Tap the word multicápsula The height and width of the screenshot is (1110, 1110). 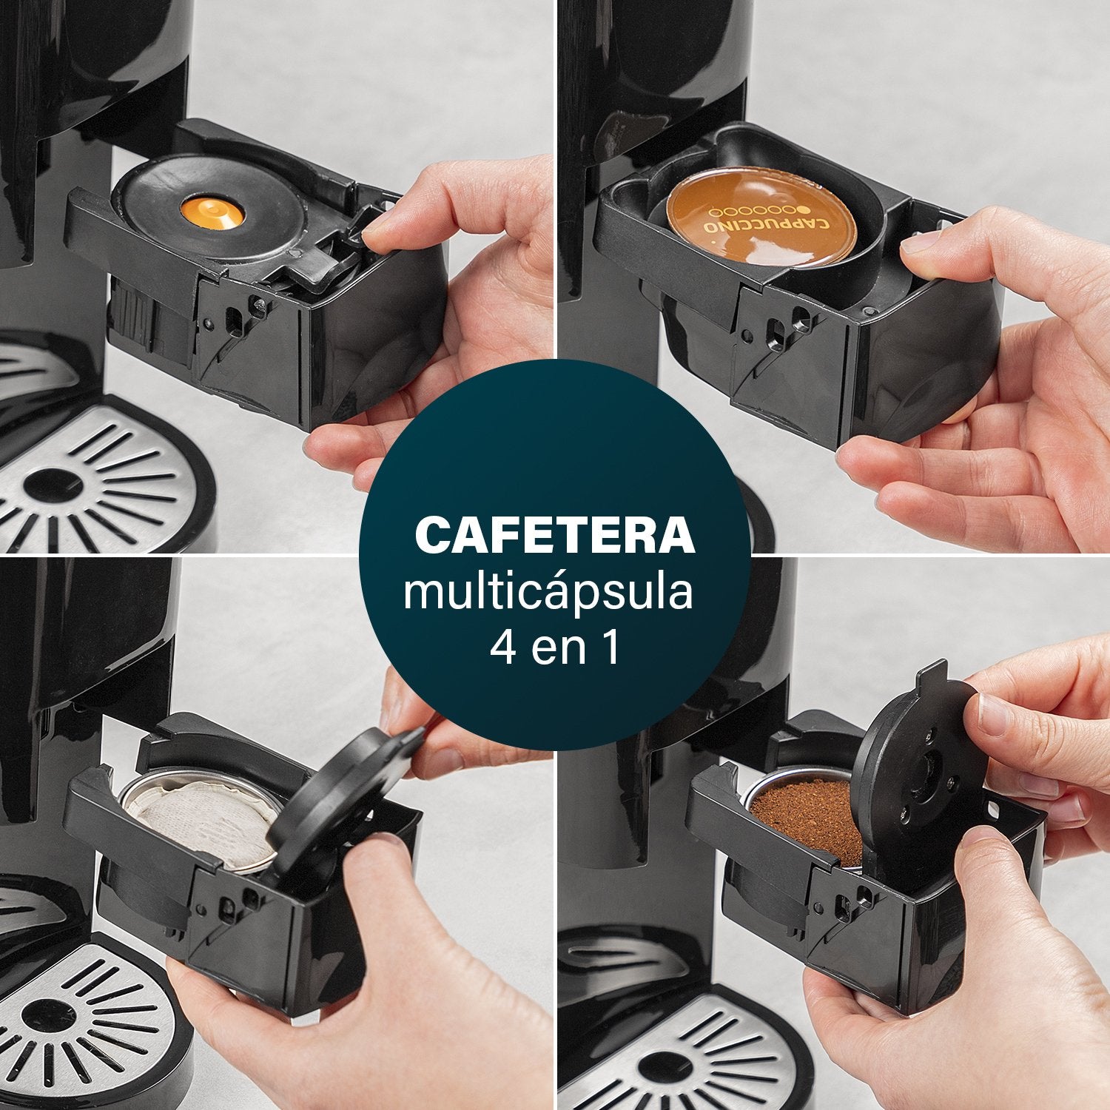pos(548,593)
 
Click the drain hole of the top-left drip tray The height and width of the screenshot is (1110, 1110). pos(52,485)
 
